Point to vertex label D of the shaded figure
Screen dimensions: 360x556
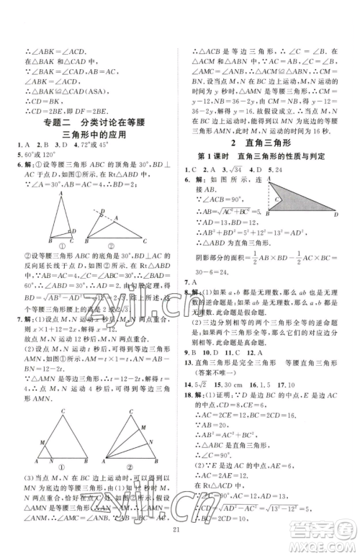point(335,215)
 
